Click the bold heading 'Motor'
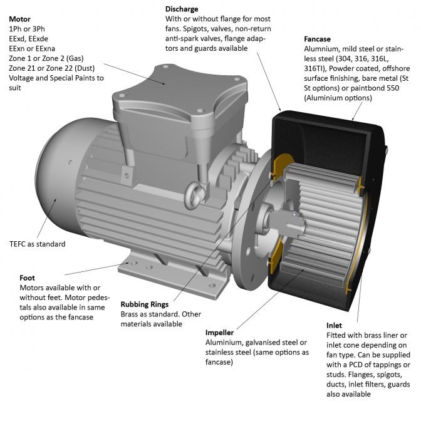(20, 19)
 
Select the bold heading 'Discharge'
(182, 9)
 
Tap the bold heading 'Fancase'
(319, 38)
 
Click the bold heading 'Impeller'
(220, 332)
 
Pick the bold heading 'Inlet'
(334, 326)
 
